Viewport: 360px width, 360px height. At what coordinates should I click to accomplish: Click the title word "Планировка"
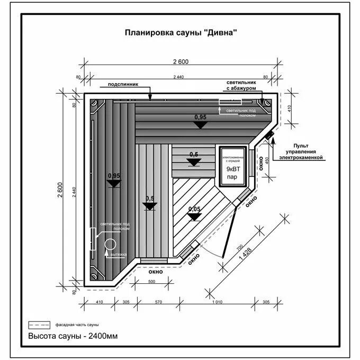click(x=145, y=32)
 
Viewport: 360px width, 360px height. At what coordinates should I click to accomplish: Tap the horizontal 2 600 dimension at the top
click(x=181, y=61)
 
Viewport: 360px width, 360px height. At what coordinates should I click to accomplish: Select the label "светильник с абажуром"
click(x=241, y=86)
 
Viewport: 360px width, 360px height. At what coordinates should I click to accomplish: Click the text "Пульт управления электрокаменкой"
click(x=301, y=151)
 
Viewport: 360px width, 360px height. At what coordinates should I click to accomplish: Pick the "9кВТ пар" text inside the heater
click(x=233, y=173)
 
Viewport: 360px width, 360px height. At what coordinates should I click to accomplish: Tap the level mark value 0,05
click(x=194, y=209)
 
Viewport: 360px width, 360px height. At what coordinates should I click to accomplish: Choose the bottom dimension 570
click(x=158, y=302)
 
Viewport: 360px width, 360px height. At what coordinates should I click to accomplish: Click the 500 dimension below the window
click(x=152, y=282)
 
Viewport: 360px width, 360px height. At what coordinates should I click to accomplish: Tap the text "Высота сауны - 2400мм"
click(x=73, y=336)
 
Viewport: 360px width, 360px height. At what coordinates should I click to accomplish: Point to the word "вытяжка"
click(x=119, y=255)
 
